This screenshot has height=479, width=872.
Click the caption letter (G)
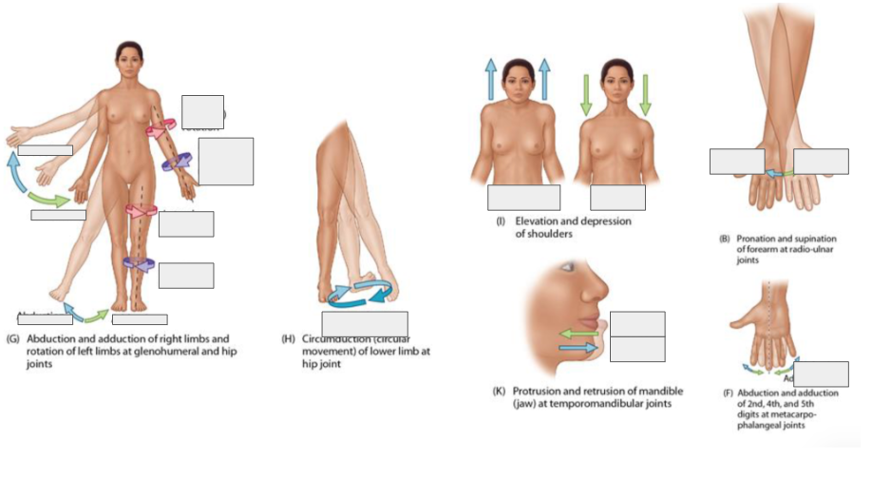click(x=12, y=338)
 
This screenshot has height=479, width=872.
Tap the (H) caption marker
click(x=289, y=338)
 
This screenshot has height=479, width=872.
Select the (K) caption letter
click(x=499, y=391)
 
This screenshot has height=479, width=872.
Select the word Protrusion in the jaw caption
click(x=539, y=391)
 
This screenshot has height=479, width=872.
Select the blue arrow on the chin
click(x=578, y=349)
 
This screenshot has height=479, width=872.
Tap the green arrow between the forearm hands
click(x=779, y=174)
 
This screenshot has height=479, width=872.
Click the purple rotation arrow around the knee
click(x=139, y=263)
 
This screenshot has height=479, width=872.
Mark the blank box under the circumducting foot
click(x=365, y=324)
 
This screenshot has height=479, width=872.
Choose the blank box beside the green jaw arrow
click(x=636, y=323)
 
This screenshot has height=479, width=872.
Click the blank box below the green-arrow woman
click(x=617, y=198)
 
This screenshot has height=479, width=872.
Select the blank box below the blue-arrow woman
click(x=523, y=198)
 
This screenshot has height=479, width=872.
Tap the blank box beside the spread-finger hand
click(x=820, y=374)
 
